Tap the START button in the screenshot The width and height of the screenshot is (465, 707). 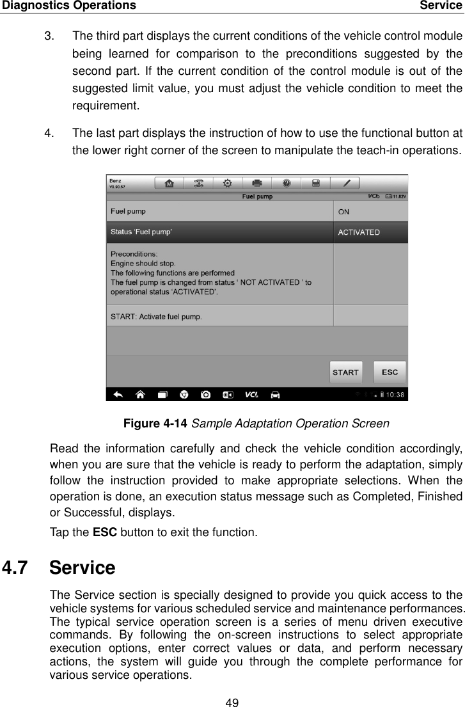click(345, 372)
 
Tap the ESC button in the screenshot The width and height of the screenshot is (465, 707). click(390, 372)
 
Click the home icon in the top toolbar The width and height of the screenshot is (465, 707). click(169, 184)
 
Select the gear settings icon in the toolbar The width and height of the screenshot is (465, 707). click(228, 184)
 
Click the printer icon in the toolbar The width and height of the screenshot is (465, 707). click(257, 184)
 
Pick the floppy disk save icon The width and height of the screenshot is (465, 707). click(316, 184)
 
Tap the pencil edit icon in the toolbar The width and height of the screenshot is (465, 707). click(346, 184)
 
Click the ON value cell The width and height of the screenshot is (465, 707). click(370, 212)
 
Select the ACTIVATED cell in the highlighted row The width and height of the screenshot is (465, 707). click(370, 232)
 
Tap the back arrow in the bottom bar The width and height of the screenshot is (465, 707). click(118, 395)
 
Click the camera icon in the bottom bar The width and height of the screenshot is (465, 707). click(205, 395)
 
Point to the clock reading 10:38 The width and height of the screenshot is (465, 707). click(395, 395)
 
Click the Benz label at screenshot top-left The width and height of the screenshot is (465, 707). click(116, 180)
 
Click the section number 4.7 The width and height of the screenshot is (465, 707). click(18, 568)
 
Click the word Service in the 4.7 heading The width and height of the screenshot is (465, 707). click(82, 568)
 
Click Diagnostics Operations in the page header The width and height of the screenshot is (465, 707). click(68, 6)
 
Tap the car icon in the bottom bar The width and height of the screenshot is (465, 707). click(276, 395)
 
